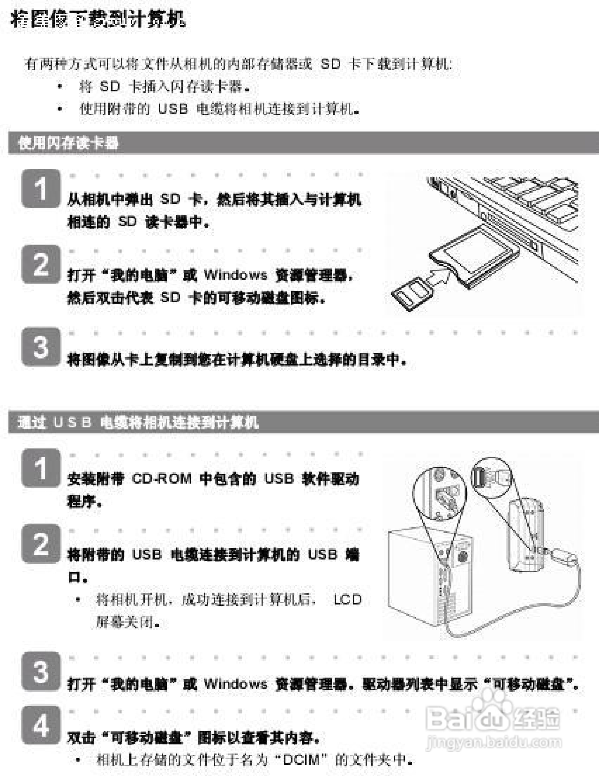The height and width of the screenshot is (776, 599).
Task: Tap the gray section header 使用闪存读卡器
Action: (67, 143)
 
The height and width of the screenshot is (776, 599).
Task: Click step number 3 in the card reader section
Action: (41, 347)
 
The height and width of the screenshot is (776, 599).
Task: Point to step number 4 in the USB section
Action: (41, 725)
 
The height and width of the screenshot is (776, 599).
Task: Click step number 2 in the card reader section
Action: (41, 264)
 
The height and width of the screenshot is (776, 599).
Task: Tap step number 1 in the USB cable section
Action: (41, 468)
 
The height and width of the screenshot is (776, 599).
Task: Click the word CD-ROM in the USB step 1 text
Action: (162, 479)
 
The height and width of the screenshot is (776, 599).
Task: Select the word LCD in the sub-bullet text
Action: (347, 600)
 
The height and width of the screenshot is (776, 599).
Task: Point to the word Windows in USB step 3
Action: (235, 684)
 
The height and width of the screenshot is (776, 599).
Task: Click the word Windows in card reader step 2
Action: (235, 275)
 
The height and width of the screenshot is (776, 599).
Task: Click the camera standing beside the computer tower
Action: (526, 537)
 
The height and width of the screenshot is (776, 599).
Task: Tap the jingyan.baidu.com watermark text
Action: (494, 743)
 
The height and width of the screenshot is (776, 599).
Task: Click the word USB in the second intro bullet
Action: (173, 109)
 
